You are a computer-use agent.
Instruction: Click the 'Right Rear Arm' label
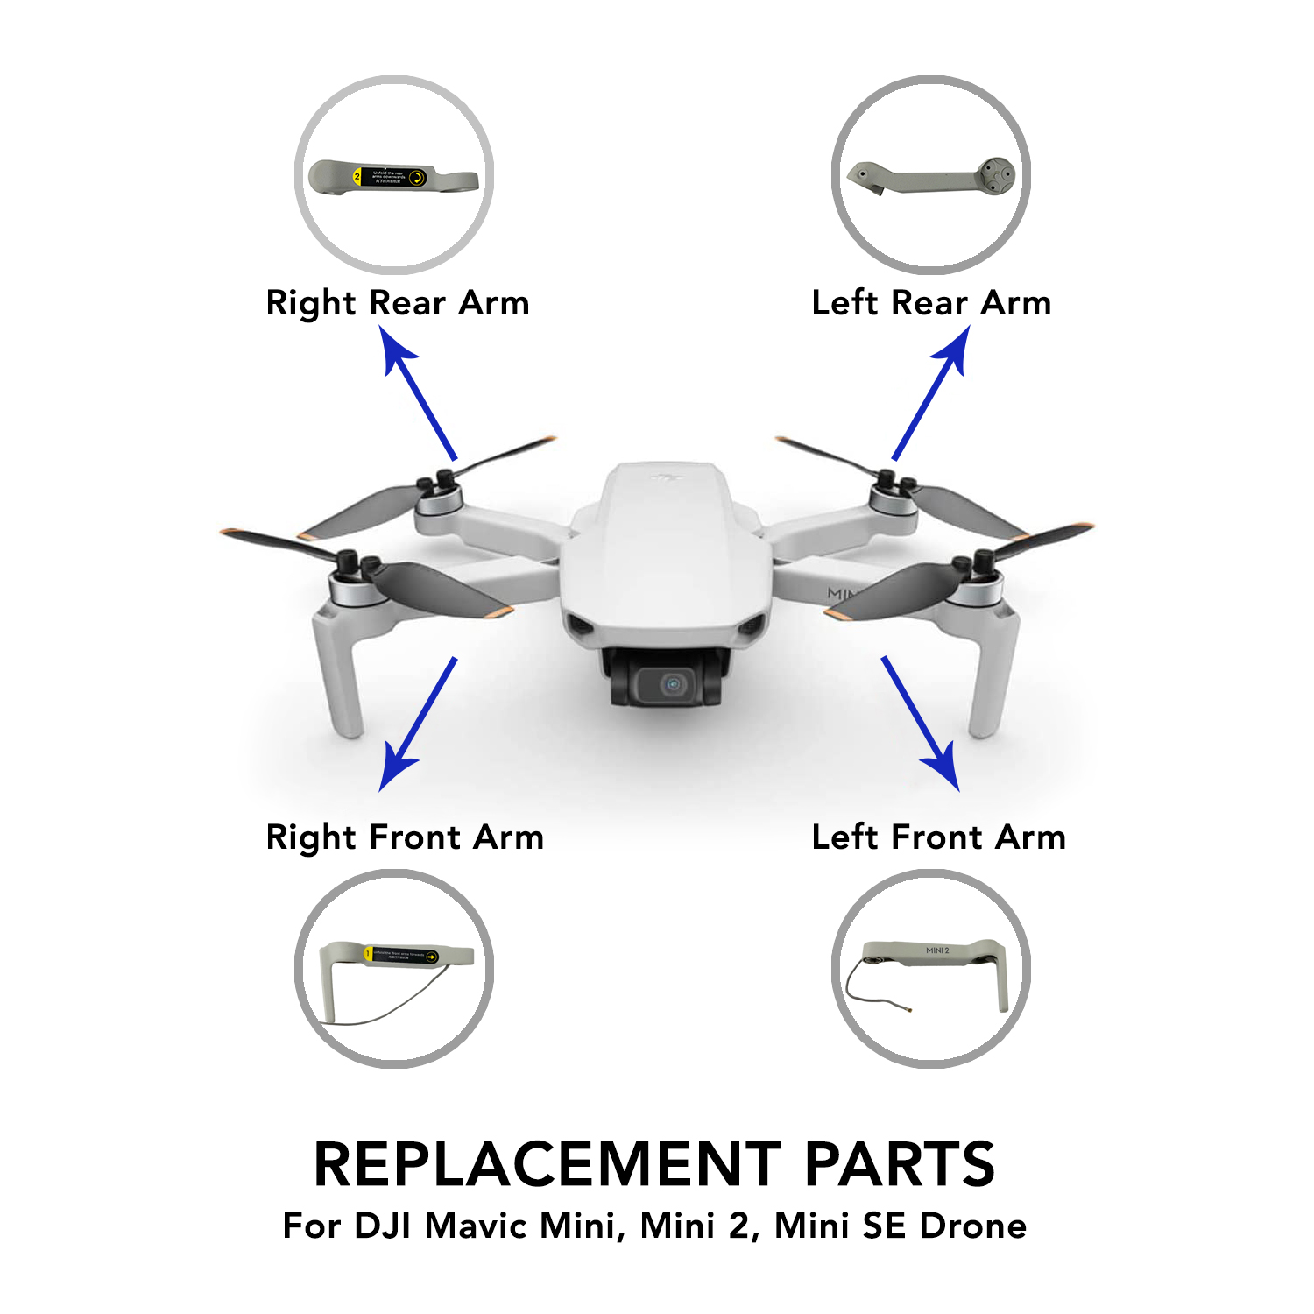[x=398, y=303]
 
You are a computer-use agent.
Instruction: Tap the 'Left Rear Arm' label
[x=931, y=303]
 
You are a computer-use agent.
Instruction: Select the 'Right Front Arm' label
[x=405, y=837]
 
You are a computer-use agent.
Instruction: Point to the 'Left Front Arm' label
[x=938, y=837]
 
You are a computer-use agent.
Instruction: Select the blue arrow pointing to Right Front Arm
[x=418, y=724]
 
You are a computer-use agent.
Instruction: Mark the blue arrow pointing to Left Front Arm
[x=920, y=723]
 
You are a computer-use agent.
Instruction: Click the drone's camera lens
[x=673, y=684]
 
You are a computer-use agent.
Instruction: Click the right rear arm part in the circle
[x=393, y=178]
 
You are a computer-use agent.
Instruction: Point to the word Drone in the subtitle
[x=973, y=1226]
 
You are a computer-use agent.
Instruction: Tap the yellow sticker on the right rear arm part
[x=391, y=177]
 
